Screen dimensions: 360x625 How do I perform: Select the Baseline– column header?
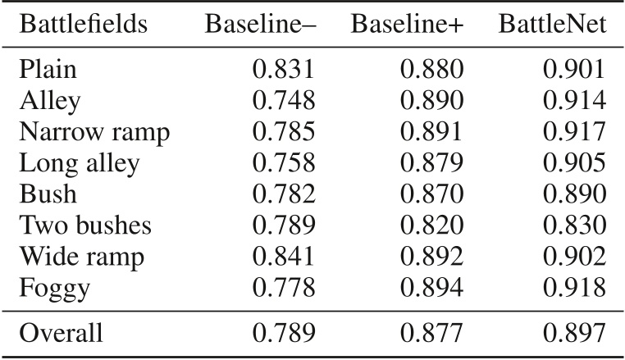(260, 25)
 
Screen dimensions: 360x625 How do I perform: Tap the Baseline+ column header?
(407, 25)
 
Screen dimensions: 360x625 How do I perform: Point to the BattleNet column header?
(553, 25)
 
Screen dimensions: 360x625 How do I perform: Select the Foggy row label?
(53, 287)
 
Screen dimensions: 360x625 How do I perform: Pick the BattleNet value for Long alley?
(575, 162)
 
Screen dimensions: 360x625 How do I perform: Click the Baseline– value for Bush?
(283, 194)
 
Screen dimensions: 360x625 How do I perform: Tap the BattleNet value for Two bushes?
(575, 226)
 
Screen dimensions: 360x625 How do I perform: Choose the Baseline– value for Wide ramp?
(283, 256)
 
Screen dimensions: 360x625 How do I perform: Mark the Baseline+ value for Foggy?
(431, 287)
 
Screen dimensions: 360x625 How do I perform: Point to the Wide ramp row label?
(81, 256)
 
